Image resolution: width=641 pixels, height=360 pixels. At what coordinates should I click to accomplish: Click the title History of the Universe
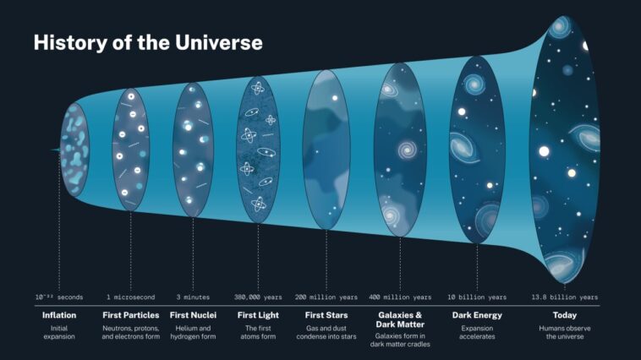pos(148,42)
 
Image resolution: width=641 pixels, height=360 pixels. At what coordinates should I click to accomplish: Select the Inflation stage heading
pos(59,315)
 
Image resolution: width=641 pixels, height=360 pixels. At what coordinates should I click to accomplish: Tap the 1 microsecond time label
pos(131,297)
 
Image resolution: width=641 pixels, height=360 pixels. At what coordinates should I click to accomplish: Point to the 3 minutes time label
pos(193,297)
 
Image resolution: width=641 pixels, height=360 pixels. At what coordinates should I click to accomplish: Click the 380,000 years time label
pos(258,297)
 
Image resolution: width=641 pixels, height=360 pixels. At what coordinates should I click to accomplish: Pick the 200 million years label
pos(326,297)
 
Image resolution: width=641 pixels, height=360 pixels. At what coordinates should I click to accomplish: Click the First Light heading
pos(258,315)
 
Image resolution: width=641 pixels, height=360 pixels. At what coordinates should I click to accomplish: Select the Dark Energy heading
pos(478,315)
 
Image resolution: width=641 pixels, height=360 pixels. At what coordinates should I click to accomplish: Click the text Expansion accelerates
pos(478,331)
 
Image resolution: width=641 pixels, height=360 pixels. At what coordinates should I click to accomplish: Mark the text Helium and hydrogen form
pos(193,331)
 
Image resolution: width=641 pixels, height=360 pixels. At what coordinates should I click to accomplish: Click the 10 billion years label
pos(478,297)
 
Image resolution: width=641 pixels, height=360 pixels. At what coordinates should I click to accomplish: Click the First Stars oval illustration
pos(326,150)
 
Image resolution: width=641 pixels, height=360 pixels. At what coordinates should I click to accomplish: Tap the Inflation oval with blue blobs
pos(74,150)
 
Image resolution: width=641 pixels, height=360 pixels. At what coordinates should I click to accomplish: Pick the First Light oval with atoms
pos(258,150)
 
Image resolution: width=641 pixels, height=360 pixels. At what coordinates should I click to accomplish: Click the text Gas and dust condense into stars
pos(326,331)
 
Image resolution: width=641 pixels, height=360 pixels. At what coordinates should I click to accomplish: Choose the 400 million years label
pos(400,297)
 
